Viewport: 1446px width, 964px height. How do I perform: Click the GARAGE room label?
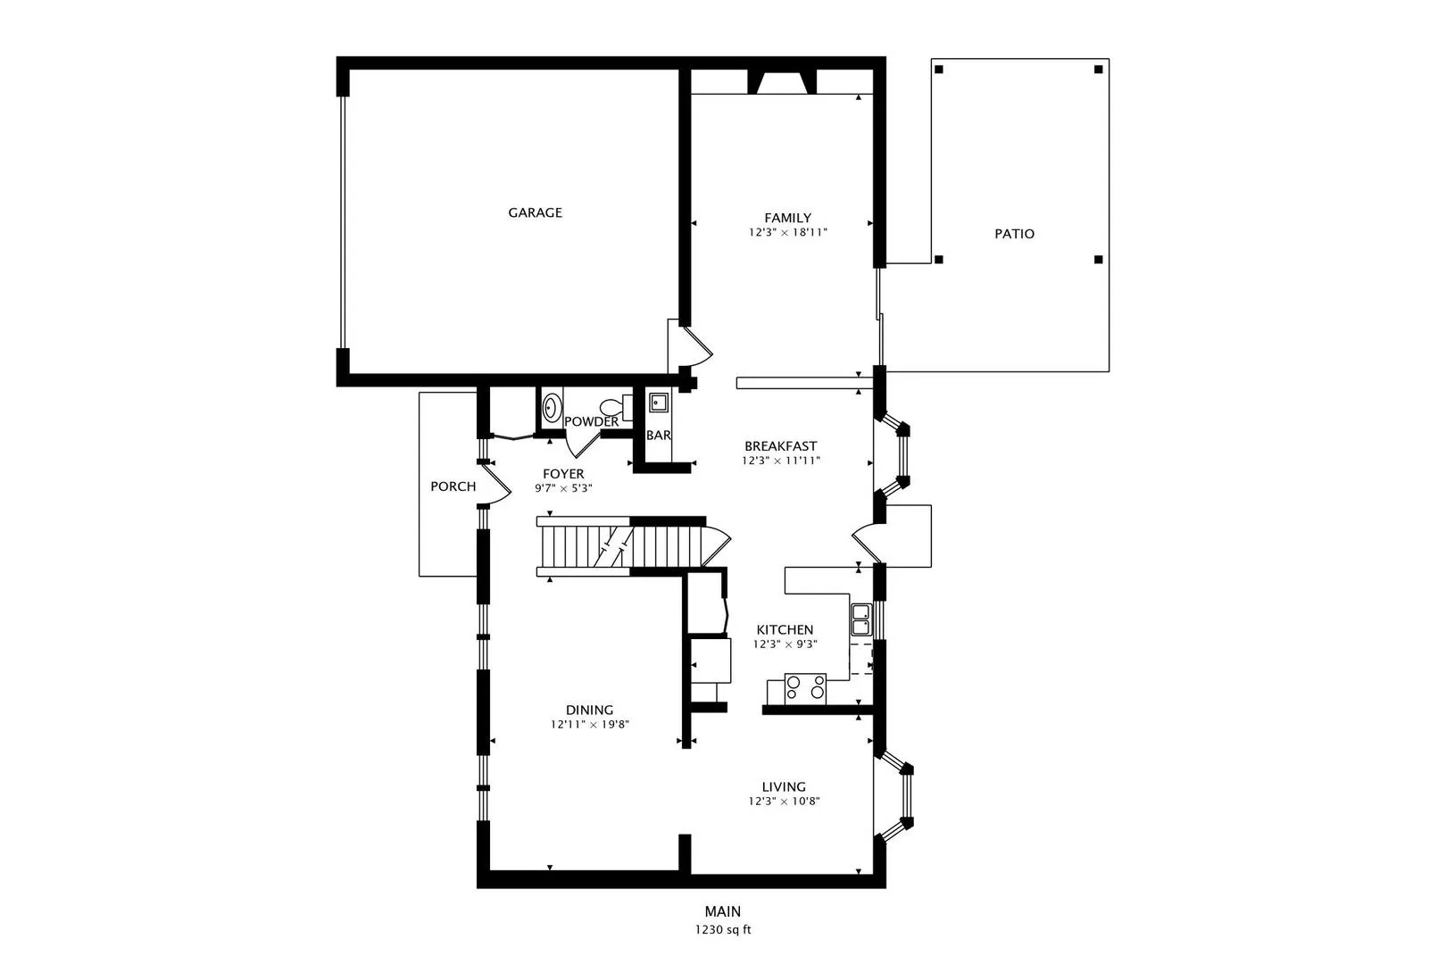click(535, 212)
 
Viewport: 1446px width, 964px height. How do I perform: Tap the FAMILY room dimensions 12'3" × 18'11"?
click(787, 233)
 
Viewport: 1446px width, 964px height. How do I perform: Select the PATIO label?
click(1014, 234)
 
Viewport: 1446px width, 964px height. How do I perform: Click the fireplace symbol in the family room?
click(783, 83)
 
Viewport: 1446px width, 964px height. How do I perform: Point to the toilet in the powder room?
click(612, 408)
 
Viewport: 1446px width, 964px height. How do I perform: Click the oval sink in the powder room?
click(553, 409)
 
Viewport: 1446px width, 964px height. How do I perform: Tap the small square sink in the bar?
click(658, 403)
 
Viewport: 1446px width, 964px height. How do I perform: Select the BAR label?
click(658, 436)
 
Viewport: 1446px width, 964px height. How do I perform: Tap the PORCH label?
click(453, 486)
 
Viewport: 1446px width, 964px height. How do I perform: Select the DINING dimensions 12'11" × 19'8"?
click(590, 726)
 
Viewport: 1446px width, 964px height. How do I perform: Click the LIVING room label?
click(784, 786)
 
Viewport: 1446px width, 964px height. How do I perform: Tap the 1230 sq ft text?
click(723, 930)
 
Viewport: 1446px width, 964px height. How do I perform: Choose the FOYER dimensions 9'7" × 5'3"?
click(563, 489)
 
